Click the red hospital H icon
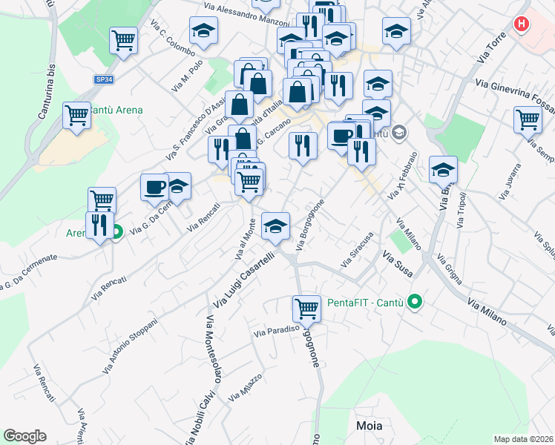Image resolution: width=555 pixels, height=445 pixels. point(522,24)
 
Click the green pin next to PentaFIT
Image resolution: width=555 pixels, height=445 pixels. point(416,303)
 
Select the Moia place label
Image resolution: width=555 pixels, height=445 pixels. point(370,425)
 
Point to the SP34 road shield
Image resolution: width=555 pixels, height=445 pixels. point(103,78)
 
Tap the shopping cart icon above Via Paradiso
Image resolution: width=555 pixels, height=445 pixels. point(306,307)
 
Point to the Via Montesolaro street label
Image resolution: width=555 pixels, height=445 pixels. point(212,349)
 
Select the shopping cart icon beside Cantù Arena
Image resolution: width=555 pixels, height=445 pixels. point(77,116)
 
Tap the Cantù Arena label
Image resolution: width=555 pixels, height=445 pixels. point(115,111)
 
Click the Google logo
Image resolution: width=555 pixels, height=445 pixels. point(25,436)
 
